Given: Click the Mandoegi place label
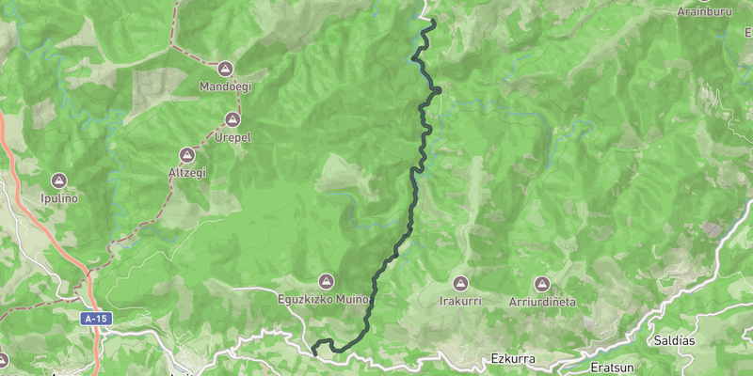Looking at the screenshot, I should coord(225,86).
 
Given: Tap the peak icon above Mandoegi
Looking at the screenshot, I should coord(225,69).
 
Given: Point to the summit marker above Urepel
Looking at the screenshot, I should coord(232,119).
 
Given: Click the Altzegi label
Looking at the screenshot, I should coord(186,173).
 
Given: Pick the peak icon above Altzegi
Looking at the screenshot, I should coord(186,155).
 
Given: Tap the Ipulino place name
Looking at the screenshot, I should coord(59,197).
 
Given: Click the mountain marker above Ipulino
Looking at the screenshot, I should coord(59,180).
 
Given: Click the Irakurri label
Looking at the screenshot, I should coord(460,301).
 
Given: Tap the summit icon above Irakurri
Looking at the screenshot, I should coord(460,283).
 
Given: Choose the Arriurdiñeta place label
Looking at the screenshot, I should coord(542,301).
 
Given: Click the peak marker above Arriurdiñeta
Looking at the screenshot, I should coord(542,283).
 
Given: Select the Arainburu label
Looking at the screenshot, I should coord(705,12).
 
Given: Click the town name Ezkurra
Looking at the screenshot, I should coord(513,358).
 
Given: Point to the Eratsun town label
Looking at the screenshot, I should coord(587,364).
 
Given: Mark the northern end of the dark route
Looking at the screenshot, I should coord(432,21).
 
